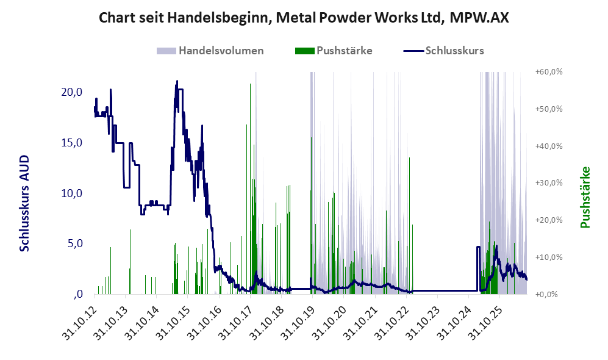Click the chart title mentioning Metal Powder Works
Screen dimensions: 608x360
point(304,18)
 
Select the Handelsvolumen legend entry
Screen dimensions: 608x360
point(210,51)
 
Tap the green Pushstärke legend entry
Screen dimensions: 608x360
point(334,51)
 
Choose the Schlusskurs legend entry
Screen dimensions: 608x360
point(443,51)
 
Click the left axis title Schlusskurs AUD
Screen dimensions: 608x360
point(24,203)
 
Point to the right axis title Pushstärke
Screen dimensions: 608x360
point(585,198)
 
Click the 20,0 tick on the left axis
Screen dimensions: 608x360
point(72,92)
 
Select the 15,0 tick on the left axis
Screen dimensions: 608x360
point(72,143)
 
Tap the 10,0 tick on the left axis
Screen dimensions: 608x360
point(72,193)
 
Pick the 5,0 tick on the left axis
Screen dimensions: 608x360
point(75,243)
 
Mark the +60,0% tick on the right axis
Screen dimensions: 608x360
point(549,72)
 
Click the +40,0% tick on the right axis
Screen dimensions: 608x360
point(549,146)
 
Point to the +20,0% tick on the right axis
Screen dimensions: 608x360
point(549,220)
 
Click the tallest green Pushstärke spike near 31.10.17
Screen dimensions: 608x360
point(250,189)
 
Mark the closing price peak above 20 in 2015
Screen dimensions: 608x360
point(177,81)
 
